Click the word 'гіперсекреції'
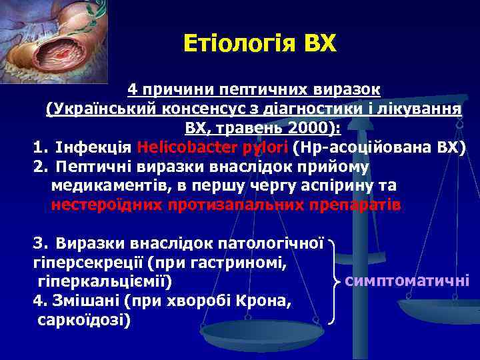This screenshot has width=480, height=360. click(x=81, y=263)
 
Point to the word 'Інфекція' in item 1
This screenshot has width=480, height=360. click(x=94, y=147)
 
